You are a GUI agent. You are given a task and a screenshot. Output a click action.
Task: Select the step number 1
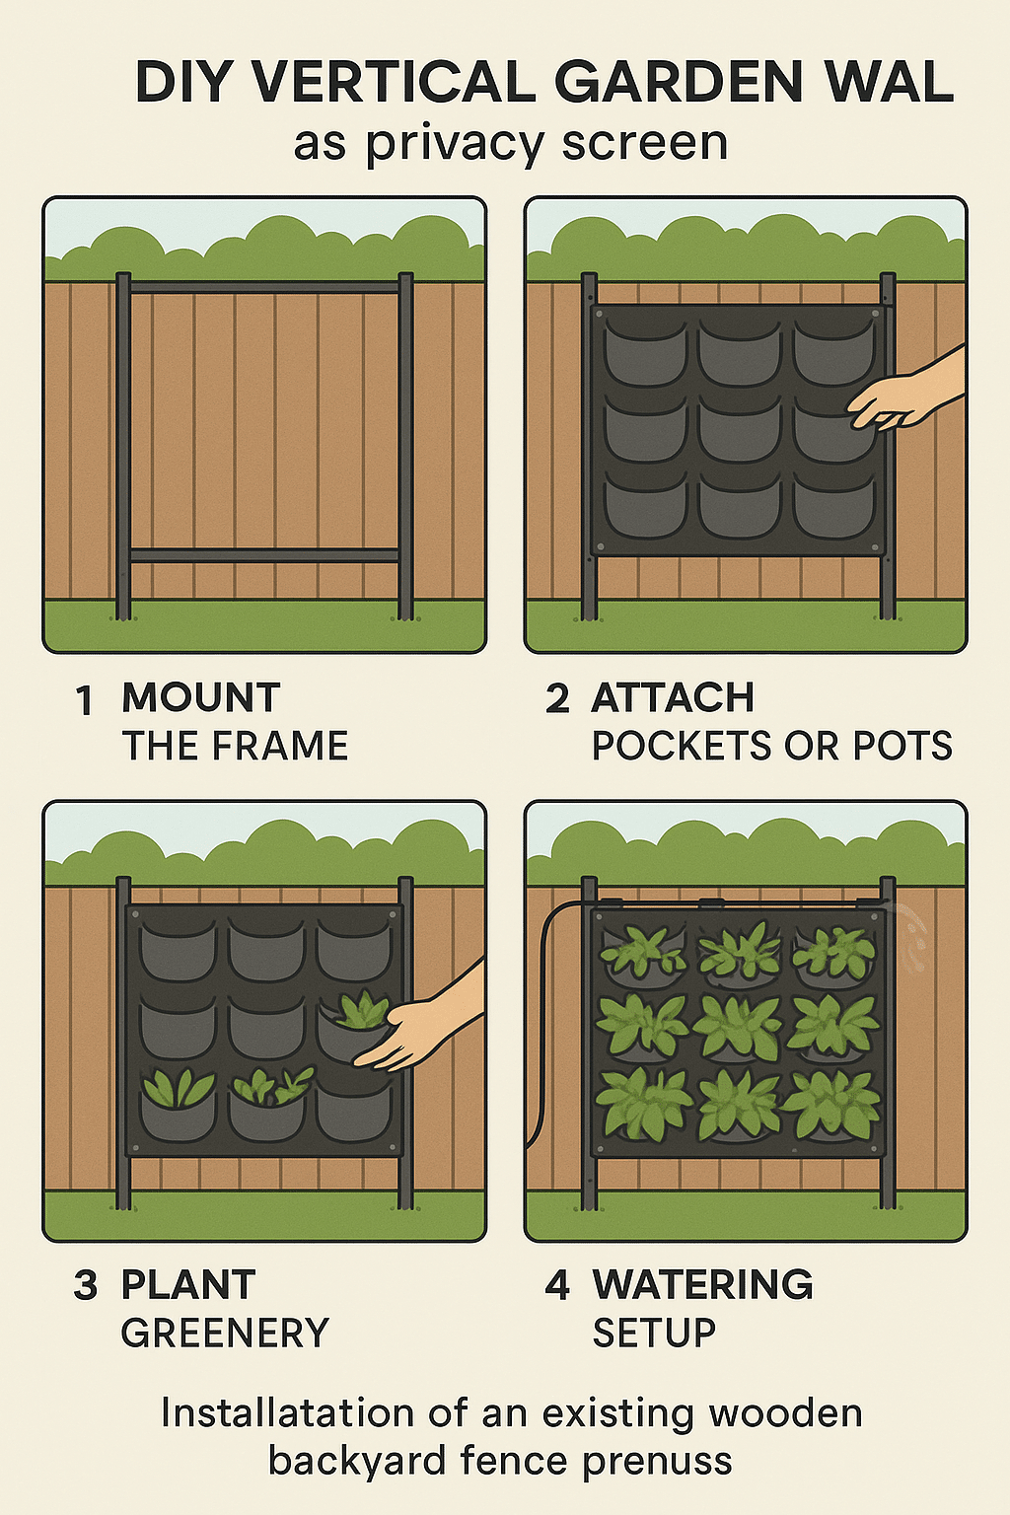point(85,700)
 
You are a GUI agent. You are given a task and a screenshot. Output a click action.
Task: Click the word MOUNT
point(201,698)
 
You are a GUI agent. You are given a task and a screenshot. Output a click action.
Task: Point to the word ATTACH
point(673,698)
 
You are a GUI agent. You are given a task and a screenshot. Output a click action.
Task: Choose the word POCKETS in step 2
point(682,746)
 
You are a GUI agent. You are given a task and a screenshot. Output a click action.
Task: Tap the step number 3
point(85,1285)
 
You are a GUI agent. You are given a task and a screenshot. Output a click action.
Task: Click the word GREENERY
point(225,1333)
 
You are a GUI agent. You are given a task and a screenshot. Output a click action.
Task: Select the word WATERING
point(703,1284)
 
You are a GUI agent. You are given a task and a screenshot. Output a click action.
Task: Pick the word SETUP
point(654,1333)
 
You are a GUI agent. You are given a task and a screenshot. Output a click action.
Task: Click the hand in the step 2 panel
point(906,393)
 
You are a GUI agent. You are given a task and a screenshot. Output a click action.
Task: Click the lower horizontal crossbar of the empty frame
point(263,556)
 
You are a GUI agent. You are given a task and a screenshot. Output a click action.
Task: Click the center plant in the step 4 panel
point(738,1028)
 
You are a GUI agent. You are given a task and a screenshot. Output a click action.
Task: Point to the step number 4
point(557,1285)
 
